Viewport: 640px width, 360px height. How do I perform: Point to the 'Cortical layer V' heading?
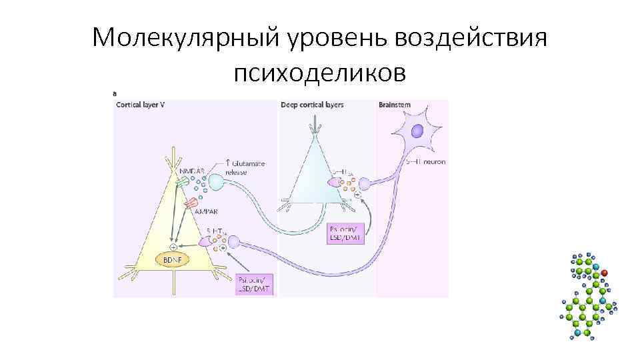coord(140,105)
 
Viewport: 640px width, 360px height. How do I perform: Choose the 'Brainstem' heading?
coord(394,105)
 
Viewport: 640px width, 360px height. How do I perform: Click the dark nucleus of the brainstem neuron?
coord(417,131)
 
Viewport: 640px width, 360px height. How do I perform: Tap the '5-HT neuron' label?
coord(427,161)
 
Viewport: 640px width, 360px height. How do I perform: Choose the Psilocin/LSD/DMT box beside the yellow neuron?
coord(255,284)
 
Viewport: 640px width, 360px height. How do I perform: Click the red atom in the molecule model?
coord(605,273)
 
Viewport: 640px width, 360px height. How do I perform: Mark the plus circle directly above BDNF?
coord(173,246)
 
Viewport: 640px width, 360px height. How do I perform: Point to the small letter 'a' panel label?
coord(115,94)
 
